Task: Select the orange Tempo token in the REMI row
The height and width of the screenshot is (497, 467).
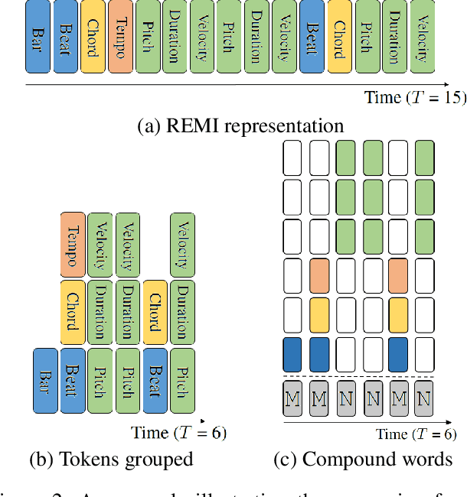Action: coord(120,37)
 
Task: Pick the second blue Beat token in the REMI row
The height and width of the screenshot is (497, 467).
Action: coord(312,37)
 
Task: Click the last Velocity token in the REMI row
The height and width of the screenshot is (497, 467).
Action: coord(422,37)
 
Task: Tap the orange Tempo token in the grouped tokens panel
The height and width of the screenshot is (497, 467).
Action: coord(73,244)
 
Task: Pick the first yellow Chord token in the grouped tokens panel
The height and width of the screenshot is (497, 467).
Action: coord(73,311)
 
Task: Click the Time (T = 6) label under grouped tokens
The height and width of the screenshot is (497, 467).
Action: coord(178,432)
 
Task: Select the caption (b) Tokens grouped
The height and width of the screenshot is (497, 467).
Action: coord(111,459)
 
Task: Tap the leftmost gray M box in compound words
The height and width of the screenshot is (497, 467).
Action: coord(292,398)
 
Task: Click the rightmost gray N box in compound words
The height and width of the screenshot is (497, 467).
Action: coord(425,398)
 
